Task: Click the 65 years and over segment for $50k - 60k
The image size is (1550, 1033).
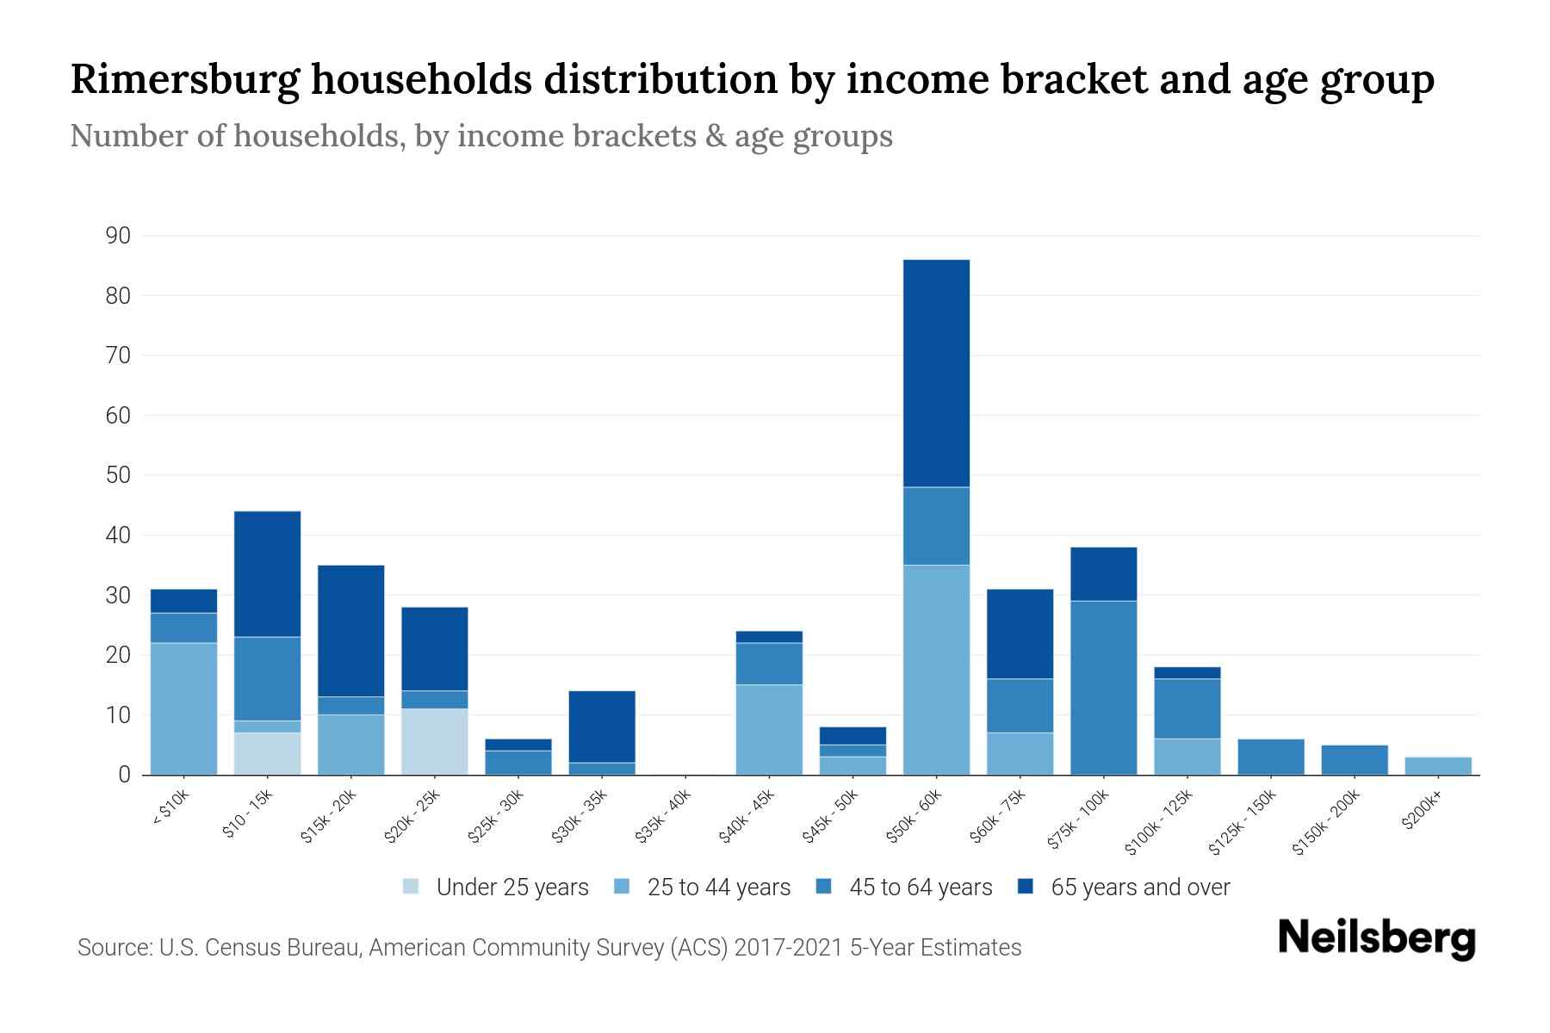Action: point(936,373)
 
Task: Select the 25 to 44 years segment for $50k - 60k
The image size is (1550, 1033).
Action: point(936,670)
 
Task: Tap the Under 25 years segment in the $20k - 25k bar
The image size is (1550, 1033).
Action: point(434,741)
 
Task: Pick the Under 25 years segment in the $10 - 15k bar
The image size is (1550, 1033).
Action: point(267,753)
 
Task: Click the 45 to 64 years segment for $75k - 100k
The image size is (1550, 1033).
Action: point(1103,688)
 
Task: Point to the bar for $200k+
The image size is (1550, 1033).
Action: point(1437,765)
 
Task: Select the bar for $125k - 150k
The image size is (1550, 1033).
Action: point(1270,757)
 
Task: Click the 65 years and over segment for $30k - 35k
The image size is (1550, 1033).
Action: point(602,727)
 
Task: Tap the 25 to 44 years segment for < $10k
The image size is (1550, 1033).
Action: point(183,708)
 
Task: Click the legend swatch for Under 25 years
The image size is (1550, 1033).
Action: point(412,887)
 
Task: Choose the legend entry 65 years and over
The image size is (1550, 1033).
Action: point(1139,887)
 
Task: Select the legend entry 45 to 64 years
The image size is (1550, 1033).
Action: point(920,887)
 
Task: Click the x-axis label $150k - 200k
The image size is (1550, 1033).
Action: point(1327,822)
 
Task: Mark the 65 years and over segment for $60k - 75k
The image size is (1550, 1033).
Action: point(1020,634)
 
